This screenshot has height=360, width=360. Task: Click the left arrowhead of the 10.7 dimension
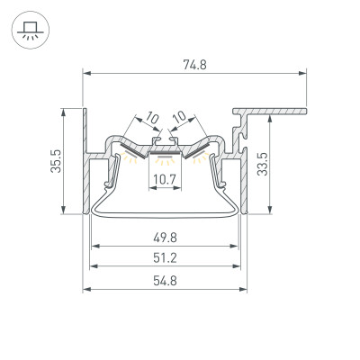tap(150, 190)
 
